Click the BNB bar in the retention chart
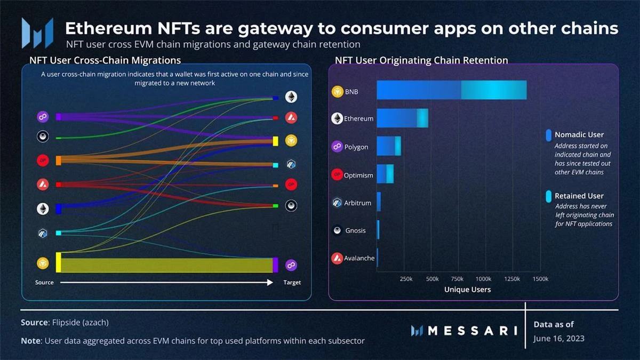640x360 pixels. coord(451,90)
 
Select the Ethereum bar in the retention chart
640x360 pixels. coord(402,118)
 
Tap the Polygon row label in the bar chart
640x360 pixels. coord(356,147)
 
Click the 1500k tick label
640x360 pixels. coord(540,279)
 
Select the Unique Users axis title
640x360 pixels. coord(467,290)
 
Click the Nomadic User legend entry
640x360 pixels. coord(579,135)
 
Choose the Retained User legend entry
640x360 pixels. coord(579,196)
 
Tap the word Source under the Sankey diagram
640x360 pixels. coord(44,282)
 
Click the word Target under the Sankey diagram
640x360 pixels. coord(292,282)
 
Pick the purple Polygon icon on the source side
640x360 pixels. coord(43,117)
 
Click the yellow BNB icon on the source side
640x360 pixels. coord(43,262)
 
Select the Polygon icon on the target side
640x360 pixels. coord(291,265)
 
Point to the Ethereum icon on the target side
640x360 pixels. coord(291,97)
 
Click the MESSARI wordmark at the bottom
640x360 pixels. coord(464,331)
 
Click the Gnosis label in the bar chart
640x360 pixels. coord(356,230)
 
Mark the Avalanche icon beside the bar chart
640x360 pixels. coord(337,258)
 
